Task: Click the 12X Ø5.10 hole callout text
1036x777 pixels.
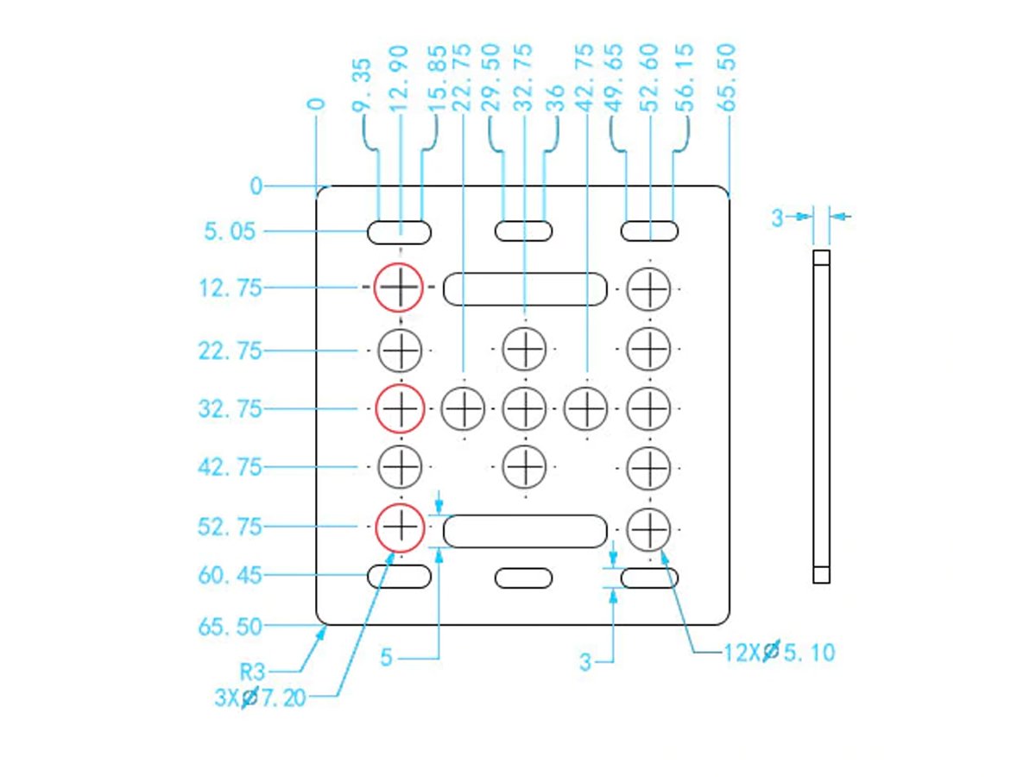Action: coord(780,652)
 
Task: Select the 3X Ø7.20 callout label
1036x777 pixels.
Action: coord(260,698)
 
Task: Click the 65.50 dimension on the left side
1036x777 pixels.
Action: coord(230,627)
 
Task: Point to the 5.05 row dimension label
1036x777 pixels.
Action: coord(231,231)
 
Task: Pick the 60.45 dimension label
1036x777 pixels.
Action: coord(230,576)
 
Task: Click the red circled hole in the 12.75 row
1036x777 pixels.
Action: coord(398,287)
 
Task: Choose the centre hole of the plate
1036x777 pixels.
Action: coord(524,407)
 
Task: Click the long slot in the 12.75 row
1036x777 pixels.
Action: coord(524,288)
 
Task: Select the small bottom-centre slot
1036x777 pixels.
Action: coord(523,577)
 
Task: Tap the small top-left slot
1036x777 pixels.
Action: coord(400,231)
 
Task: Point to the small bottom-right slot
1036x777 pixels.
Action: coord(649,577)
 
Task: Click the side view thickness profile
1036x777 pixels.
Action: coord(821,416)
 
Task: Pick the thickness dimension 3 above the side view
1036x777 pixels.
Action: coord(777,218)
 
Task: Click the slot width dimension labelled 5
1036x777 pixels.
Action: coord(387,658)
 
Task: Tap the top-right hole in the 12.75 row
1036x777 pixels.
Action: coord(648,288)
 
